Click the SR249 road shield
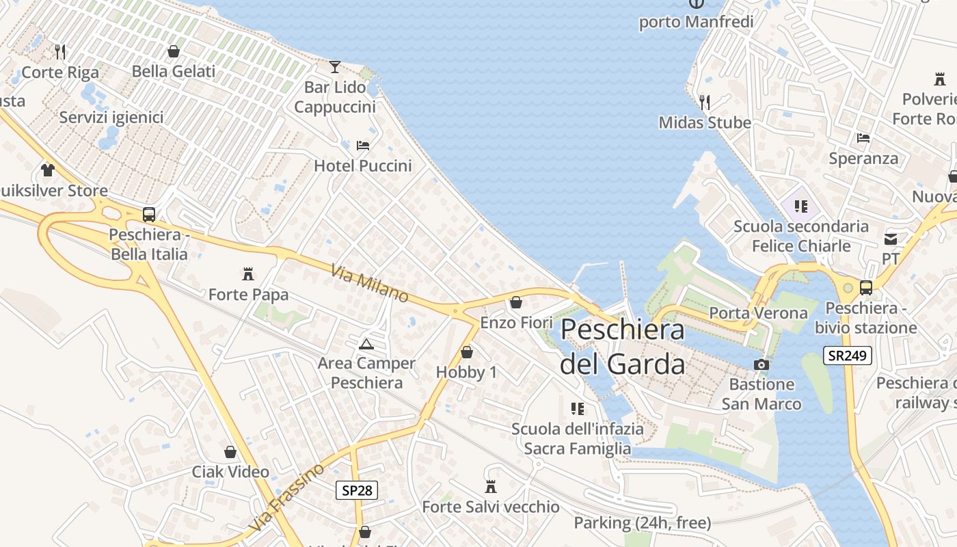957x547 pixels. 847,355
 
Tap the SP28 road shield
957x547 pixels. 357,490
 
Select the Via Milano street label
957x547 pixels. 369,284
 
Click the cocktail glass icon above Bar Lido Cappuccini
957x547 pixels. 334,66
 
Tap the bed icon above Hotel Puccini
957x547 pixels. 363,146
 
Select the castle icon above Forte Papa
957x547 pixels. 248,274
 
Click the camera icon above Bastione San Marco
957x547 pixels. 761,364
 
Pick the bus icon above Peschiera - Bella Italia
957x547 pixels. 149,214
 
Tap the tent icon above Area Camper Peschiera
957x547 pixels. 366,343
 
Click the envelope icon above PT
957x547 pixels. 890,239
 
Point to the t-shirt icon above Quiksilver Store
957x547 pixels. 47,170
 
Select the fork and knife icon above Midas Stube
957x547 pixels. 705,103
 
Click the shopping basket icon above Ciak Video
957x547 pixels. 230,452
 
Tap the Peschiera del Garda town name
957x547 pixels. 622,347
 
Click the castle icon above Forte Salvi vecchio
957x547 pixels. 490,487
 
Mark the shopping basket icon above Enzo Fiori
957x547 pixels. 516,302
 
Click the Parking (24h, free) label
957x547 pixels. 642,523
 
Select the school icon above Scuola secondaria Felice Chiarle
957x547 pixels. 800,206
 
